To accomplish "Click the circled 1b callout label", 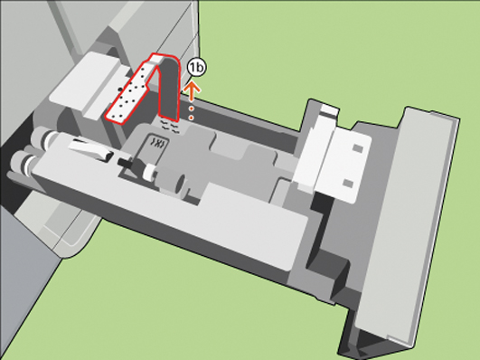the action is tap(196, 68).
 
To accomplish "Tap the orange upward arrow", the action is tap(192, 91).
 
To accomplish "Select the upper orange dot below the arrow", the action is tap(191, 109).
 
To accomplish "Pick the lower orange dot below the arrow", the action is tap(191, 118).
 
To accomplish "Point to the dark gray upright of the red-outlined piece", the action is tap(169, 89).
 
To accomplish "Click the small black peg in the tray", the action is tap(126, 162).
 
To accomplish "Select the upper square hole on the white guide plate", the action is tap(357, 148).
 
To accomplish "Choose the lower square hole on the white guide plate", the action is tap(347, 184).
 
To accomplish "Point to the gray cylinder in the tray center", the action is tap(173, 182).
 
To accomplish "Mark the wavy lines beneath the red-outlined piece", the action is tap(169, 126).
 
